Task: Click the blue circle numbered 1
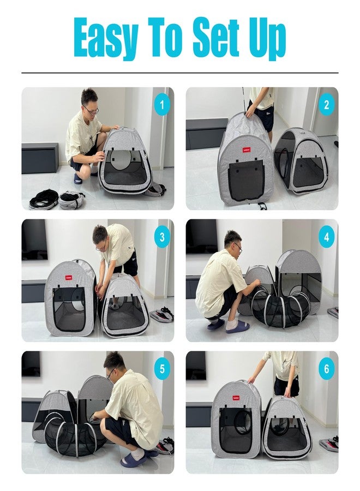162,105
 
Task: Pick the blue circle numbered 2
327,105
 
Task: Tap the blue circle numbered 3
162,237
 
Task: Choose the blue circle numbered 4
327,237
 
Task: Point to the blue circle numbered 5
162,369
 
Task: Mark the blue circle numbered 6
327,369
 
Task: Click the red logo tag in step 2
247,151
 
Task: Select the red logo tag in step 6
236,398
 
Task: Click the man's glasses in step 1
92,110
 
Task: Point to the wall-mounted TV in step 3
34,239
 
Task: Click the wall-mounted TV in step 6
196,366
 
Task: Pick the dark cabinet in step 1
40,158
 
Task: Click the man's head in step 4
232,242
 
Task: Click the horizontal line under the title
180,73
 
